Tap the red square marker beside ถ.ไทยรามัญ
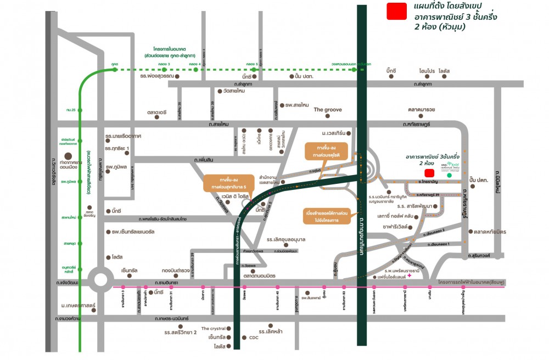429,173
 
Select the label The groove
328,110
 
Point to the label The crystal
214,328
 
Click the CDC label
254,337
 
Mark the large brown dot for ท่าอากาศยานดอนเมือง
68,156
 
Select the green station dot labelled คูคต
115,70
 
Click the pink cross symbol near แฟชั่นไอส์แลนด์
426,276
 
